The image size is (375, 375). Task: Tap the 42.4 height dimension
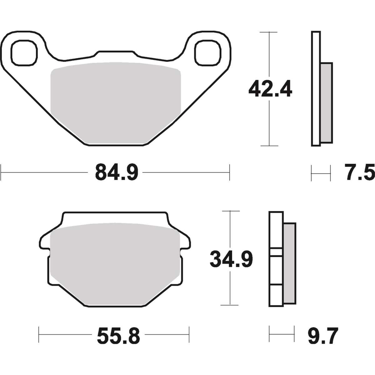(x=270, y=88)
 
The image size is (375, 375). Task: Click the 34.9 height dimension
(x=231, y=259)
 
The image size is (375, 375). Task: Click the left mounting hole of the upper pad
(x=24, y=52)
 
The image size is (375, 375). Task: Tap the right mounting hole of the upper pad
(x=208, y=52)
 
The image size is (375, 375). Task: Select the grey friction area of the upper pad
(x=116, y=103)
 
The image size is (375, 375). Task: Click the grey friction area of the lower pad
(x=115, y=266)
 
